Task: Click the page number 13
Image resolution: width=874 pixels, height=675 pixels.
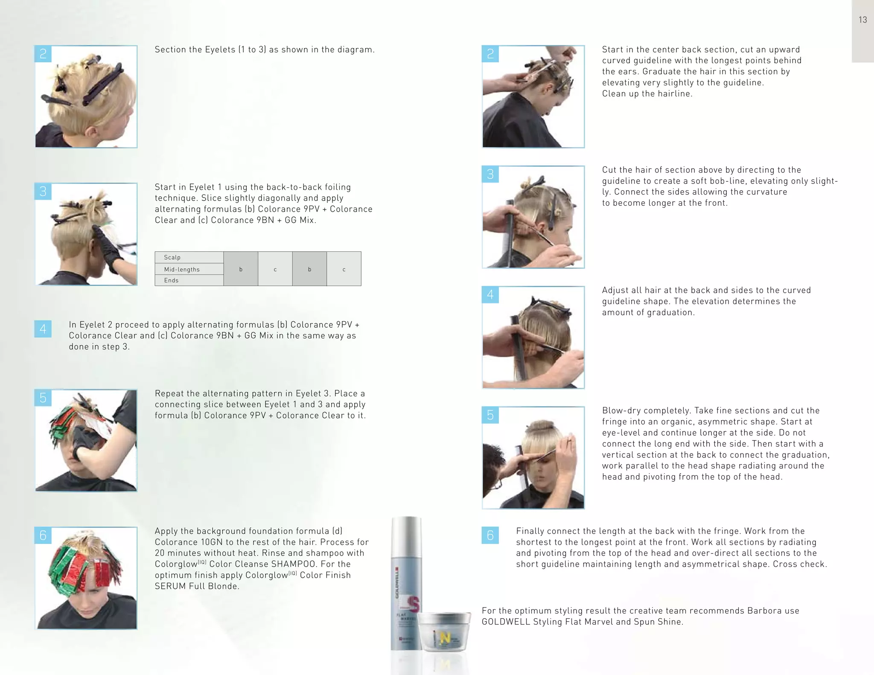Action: pyautogui.click(x=862, y=20)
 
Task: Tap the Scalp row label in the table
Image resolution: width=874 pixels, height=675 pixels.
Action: pyautogui.click(x=172, y=257)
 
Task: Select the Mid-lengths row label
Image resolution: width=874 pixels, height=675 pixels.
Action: pyautogui.click(x=182, y=269)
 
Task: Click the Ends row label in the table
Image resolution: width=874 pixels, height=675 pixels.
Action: pyautogui.click(x=171, y=280)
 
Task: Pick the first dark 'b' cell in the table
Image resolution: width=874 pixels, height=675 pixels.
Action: pyautogui.click(x=241, y=269)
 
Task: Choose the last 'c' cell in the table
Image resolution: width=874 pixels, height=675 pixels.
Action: pyautogui.click(x=344, y=269)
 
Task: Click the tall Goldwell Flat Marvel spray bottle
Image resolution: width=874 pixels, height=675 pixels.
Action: pyautogui.click(x=406, y=589)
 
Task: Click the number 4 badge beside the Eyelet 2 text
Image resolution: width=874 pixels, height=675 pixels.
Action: pyautogui.click(x=43, y=329)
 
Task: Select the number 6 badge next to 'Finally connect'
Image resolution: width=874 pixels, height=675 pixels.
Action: pyautogui.click(x=490, y=535)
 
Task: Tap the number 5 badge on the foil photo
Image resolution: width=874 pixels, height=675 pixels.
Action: pyautogui.click(x=43, y=398)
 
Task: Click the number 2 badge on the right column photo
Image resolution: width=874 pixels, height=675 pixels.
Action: pyautogui.click(x=490, y=54)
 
